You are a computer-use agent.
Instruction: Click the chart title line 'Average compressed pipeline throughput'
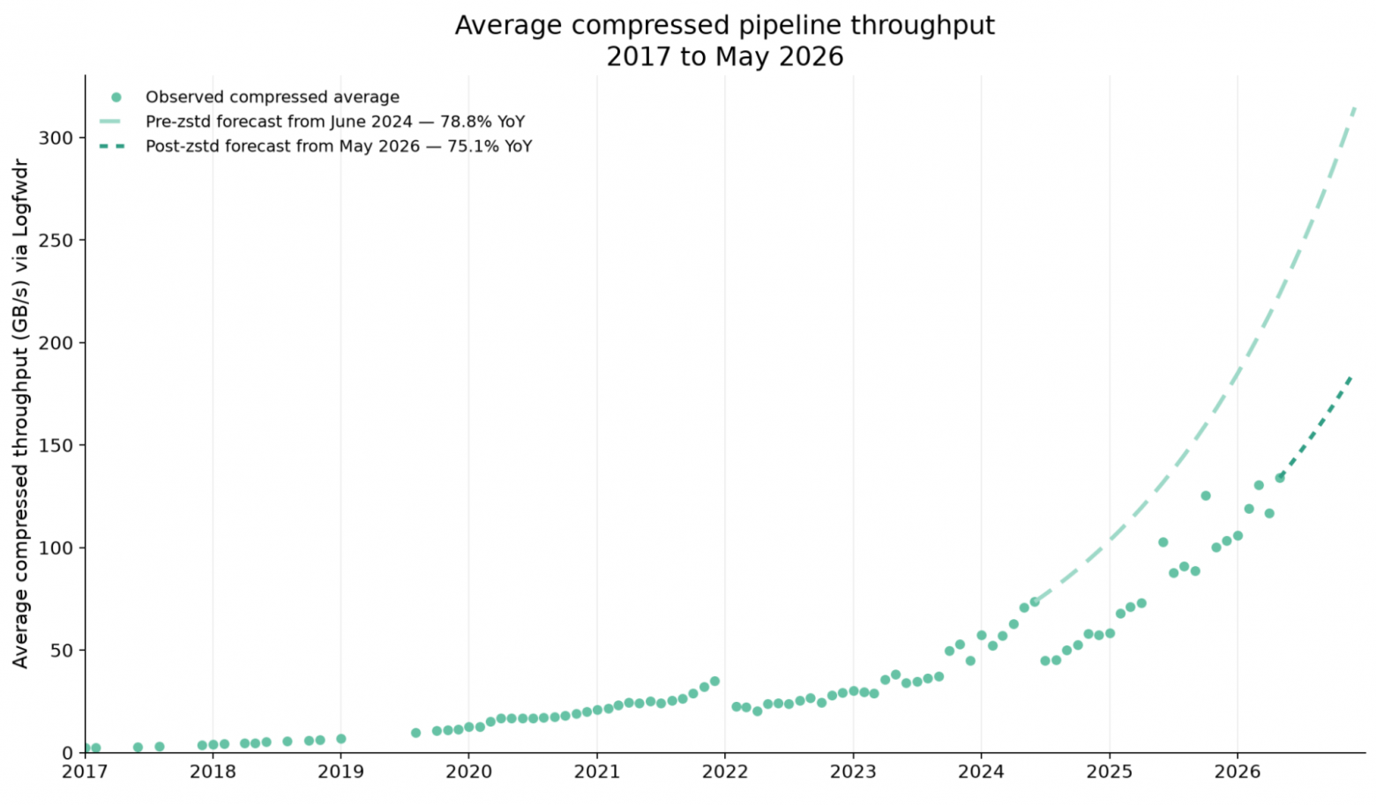click(x=724, y=26)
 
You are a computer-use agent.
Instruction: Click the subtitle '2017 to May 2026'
click(x=725, y=57)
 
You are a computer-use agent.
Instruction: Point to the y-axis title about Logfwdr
click(x=21, y=414)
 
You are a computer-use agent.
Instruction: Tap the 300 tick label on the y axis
click(x=56, y=138)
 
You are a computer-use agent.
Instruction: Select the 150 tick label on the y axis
click(x=56, y=445)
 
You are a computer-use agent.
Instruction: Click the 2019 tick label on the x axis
click(x=341, y=771)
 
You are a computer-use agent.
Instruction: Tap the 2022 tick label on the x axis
click(x=725, y=771)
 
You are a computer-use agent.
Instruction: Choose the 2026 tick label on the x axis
click(x=1238, y=771)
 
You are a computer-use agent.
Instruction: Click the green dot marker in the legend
click(x=116, y=97)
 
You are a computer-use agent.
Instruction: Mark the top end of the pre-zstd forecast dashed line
click(x=1355, y=108)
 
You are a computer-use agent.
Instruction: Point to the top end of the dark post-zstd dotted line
click(x=1350, y=377)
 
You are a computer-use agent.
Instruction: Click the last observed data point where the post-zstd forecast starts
click(x=1280, y=478)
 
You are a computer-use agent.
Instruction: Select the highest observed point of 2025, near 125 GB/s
click(x=1206, y=496)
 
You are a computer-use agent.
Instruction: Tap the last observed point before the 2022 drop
click(x=714, y=681)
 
